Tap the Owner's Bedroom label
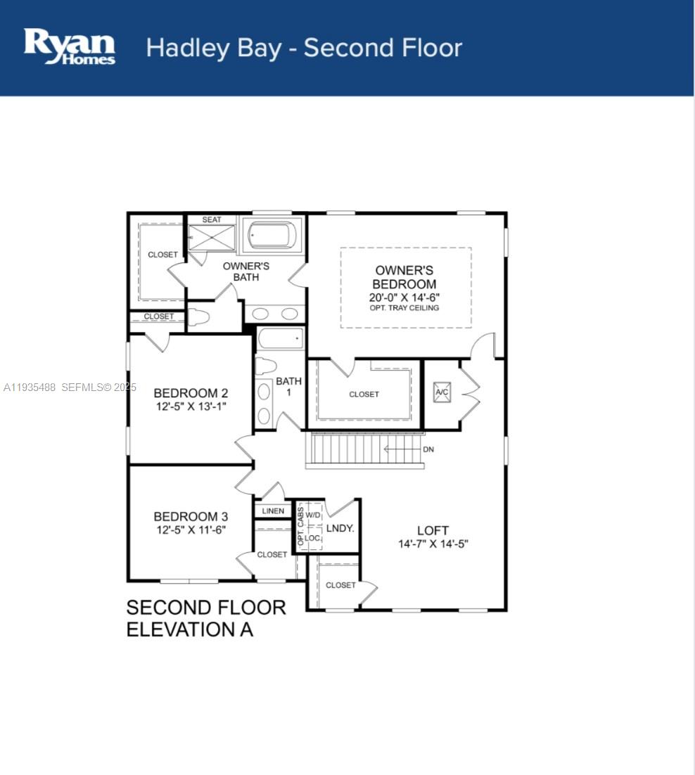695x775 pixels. point(404,277)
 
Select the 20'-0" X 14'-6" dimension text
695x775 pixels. point(404,297)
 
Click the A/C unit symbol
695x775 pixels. point(442,392)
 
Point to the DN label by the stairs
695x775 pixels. point(428,449)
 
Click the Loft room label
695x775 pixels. point(433,530)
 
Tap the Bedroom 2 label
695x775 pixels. point(191,393)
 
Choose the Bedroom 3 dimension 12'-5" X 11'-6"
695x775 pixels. point(191,530)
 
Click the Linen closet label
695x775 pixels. point(273,511)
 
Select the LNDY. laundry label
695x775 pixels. point(340,528)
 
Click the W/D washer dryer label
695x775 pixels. point(313,515)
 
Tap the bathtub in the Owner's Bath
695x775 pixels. point(272,234)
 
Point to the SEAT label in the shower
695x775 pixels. point(212,219)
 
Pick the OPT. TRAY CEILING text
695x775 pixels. point(404,307)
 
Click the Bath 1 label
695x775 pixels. point(288,387)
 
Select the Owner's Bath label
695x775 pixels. point(246,271)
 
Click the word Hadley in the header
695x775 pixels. point(188,49)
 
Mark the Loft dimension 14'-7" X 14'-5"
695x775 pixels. point(433,544)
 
